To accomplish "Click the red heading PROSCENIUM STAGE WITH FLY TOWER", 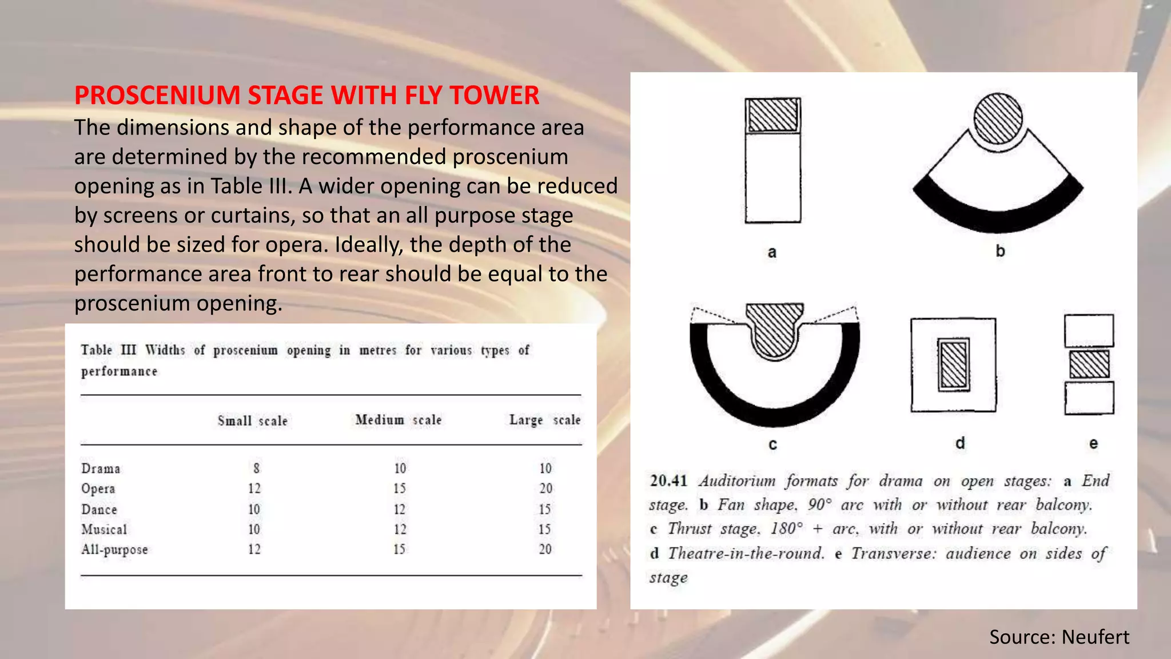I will tap(306, 96).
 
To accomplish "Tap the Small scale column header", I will tap(252, 421).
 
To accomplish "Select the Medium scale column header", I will tap(398, 420).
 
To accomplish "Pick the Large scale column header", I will tap(544, 420).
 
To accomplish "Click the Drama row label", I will tap(101, 469).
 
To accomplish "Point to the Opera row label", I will tap(98, 489).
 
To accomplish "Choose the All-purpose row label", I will tap(114, 550).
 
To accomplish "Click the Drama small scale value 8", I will tap(256, 469).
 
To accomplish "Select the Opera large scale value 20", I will tap(545, 489).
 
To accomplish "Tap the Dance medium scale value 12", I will tap(399, 509).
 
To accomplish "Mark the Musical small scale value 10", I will tap(254, 529).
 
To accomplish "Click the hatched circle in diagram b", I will tap(998, 118).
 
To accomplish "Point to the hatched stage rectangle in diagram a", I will tap(772, 115).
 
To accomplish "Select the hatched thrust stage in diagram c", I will tap(775, 329).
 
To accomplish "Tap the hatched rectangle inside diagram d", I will tap(954, 364).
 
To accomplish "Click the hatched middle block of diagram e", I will tap(1089, 364).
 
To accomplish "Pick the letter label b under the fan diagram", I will tap(1000, 251).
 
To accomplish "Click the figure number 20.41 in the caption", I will tap(668, 481).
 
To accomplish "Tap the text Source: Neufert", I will tap(1059, 637).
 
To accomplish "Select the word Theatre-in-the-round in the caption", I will tap(746, 553).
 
